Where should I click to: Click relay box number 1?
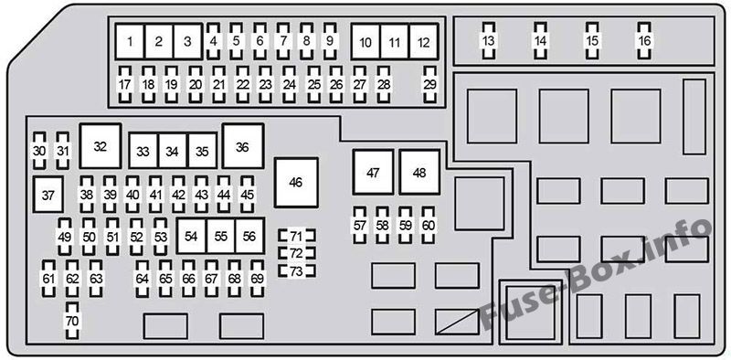pos(130,41)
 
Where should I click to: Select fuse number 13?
pos(488,41)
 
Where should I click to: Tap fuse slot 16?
pos(644,41)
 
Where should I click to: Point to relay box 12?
pos(424,42)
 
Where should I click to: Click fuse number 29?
pos(429,84)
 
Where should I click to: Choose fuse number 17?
pos(124,84)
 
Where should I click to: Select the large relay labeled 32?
pos(101,146)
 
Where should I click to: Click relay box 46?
pos(296,183)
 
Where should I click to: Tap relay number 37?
pos(48,195)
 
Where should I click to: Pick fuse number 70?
pos(72,321)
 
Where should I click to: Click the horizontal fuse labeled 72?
pos(296,253)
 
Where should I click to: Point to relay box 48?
pos(419,173)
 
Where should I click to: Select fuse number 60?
pos(428,226)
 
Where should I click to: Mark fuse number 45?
pos(247,195)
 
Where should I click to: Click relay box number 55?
pos(221,236)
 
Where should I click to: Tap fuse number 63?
pos(96,279)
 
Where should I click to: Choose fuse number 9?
pos(330,41)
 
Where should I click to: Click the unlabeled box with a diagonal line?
pos(457,322)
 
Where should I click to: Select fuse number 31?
pos(62,151)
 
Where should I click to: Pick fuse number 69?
pos(257,279)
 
